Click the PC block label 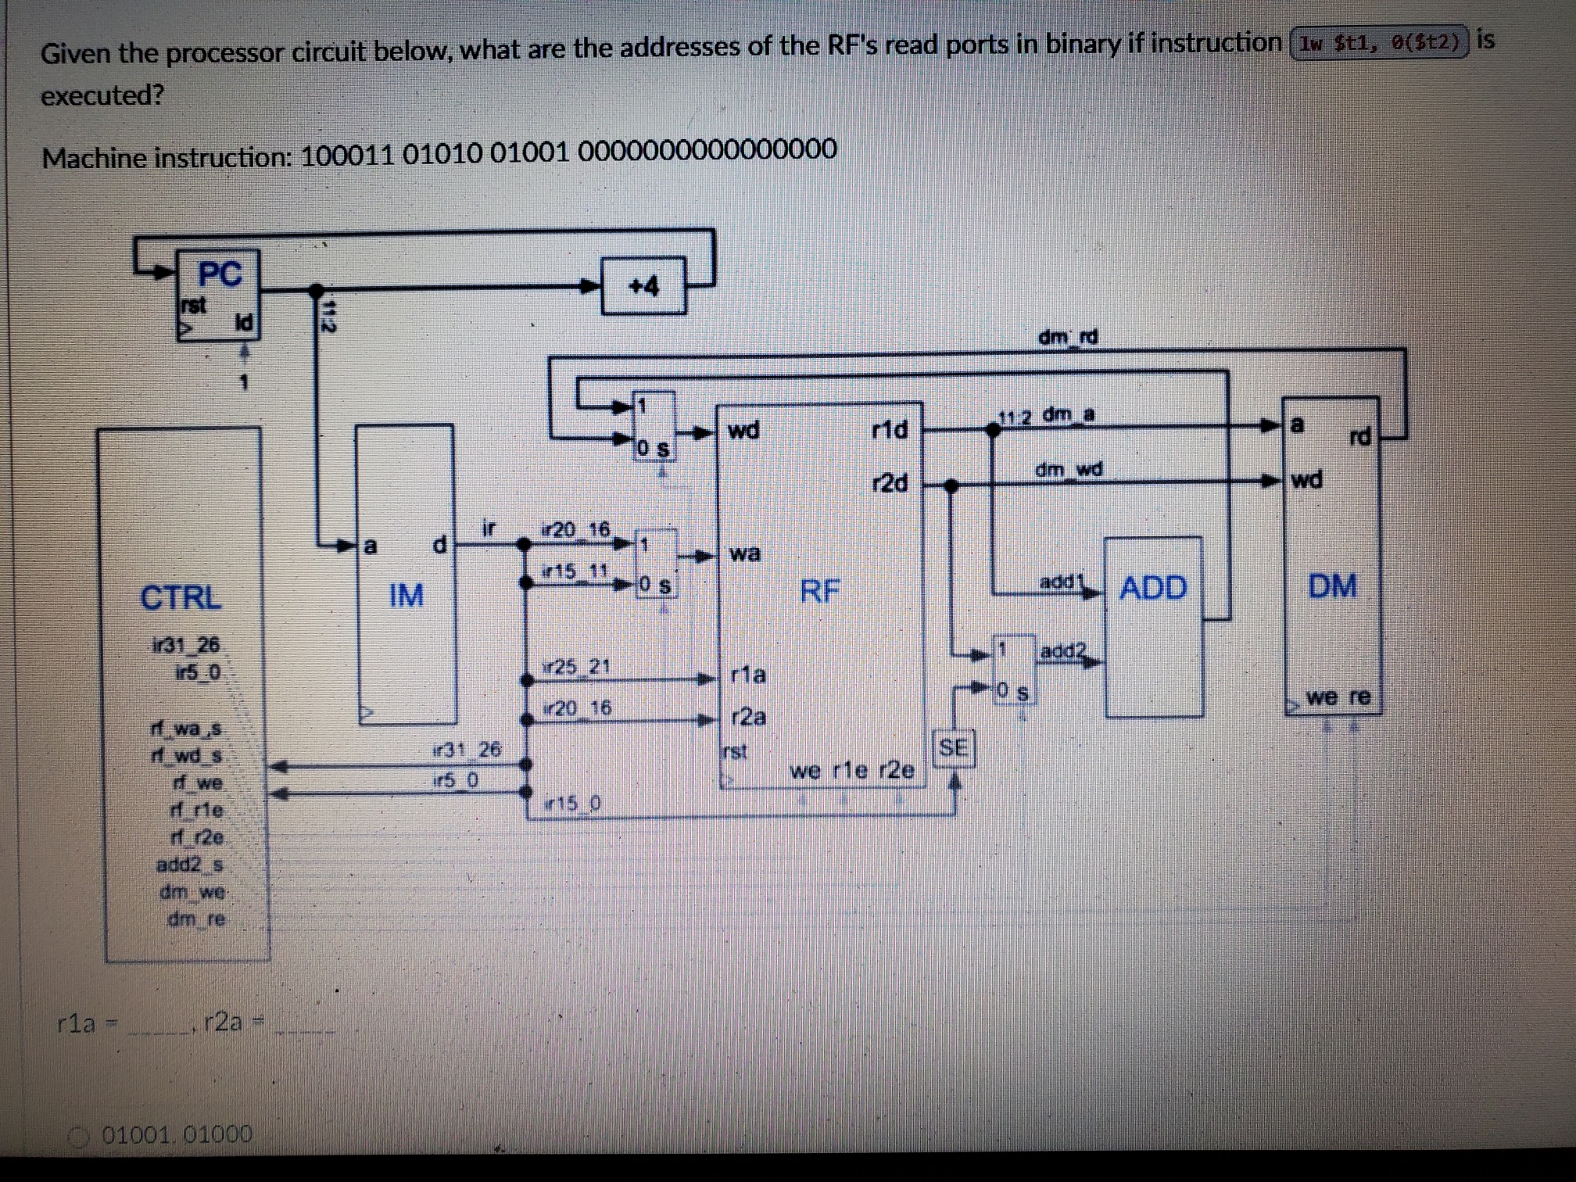coord(220,274)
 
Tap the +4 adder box coord(644,286)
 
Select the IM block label coord(406,596)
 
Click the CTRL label coord(181,598)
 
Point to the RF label coord(819,591)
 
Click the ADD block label coord(1153,588)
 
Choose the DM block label coord(1333,586)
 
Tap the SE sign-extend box coord(953,748)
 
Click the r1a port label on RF coord(748,675)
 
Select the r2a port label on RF coord(748,717)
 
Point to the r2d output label coord(890,483)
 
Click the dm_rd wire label coord(1068,338)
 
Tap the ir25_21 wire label coord(577,667)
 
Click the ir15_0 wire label coord(574,803)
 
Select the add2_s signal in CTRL coord(190,865)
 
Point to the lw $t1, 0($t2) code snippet coord(1380,43)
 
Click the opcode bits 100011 coord(347,155)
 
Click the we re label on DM coord(1338,697)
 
